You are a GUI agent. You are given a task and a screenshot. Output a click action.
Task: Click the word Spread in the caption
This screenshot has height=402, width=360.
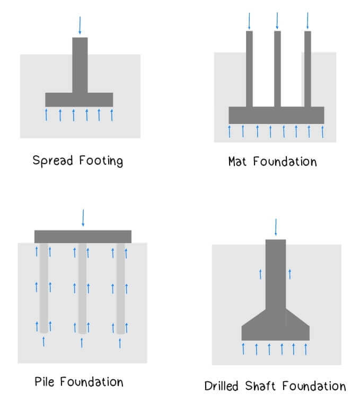coord(49,160)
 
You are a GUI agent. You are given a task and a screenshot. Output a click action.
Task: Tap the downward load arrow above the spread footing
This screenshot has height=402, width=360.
coord(80,25)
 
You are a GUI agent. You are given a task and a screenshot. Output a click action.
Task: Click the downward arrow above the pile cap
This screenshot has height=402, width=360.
coord(82,218)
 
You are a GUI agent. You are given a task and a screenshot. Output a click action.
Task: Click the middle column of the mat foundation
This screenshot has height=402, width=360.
coord(277,69)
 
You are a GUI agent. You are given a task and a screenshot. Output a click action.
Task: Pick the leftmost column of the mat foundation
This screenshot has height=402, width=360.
coord(249,69)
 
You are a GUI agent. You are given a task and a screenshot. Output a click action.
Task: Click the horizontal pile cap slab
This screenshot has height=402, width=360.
coord(83,236)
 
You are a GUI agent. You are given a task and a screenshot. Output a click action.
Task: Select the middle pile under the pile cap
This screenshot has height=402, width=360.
coord(82,289)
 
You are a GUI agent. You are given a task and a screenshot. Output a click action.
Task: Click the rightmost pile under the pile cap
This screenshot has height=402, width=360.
coord(120,289)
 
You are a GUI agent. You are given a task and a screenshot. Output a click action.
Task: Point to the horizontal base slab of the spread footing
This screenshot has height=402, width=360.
coord(79,100)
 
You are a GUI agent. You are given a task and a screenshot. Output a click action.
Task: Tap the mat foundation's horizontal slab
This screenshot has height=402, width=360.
coord(276,115)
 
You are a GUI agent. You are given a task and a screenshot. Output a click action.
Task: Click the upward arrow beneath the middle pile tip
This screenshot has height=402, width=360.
coord(82,342)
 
